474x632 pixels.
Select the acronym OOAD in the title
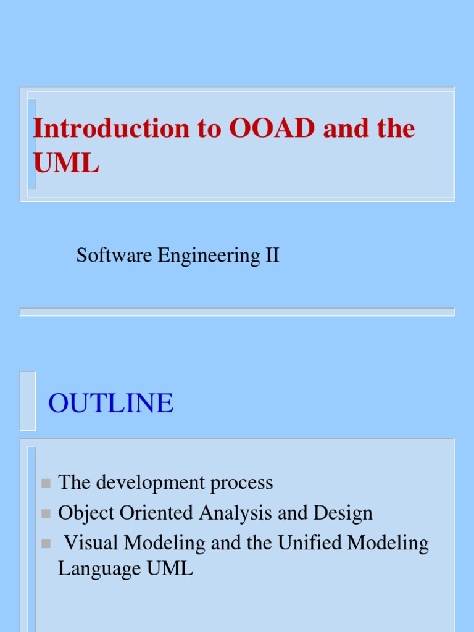coord(272,128)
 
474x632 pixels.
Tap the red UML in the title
coord(65,163)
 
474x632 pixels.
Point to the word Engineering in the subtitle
coord(209,255)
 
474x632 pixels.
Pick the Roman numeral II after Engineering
coord(272,255)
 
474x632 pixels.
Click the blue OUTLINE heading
coord(111,404)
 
